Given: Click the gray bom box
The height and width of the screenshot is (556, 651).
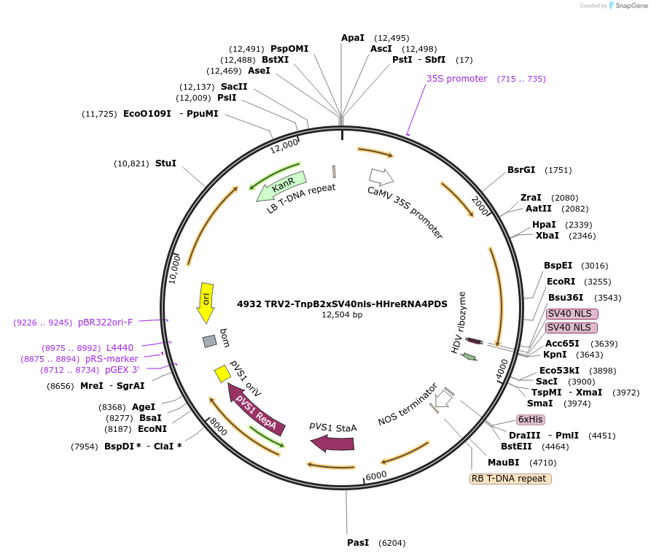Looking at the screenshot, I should (210, 341).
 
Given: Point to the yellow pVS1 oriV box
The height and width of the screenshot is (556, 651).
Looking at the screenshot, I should (222, 374).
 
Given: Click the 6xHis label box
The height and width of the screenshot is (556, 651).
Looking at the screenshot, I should (530, 420).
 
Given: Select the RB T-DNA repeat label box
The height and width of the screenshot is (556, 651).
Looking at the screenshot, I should (510, 479).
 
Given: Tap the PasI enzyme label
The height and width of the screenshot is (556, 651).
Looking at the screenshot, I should (358, 543).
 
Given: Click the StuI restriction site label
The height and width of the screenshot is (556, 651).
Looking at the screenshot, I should (165, 163).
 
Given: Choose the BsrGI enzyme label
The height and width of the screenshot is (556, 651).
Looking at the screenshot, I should (521, 170).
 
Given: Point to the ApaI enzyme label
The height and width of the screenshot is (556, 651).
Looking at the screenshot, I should (353, 38).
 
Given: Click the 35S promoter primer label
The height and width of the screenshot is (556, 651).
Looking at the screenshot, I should (456, 79).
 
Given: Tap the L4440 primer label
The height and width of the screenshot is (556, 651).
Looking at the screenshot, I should (120, 348).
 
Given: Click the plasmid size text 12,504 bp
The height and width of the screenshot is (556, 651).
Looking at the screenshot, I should (342, 315).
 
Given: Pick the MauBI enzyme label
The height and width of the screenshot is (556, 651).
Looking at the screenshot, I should (503, 462).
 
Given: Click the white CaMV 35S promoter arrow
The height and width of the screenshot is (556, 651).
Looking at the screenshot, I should (381, 177).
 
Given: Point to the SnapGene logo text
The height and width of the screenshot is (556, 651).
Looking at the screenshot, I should (632, 6).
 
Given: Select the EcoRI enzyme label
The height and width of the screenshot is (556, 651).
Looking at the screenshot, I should (561, 282).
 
